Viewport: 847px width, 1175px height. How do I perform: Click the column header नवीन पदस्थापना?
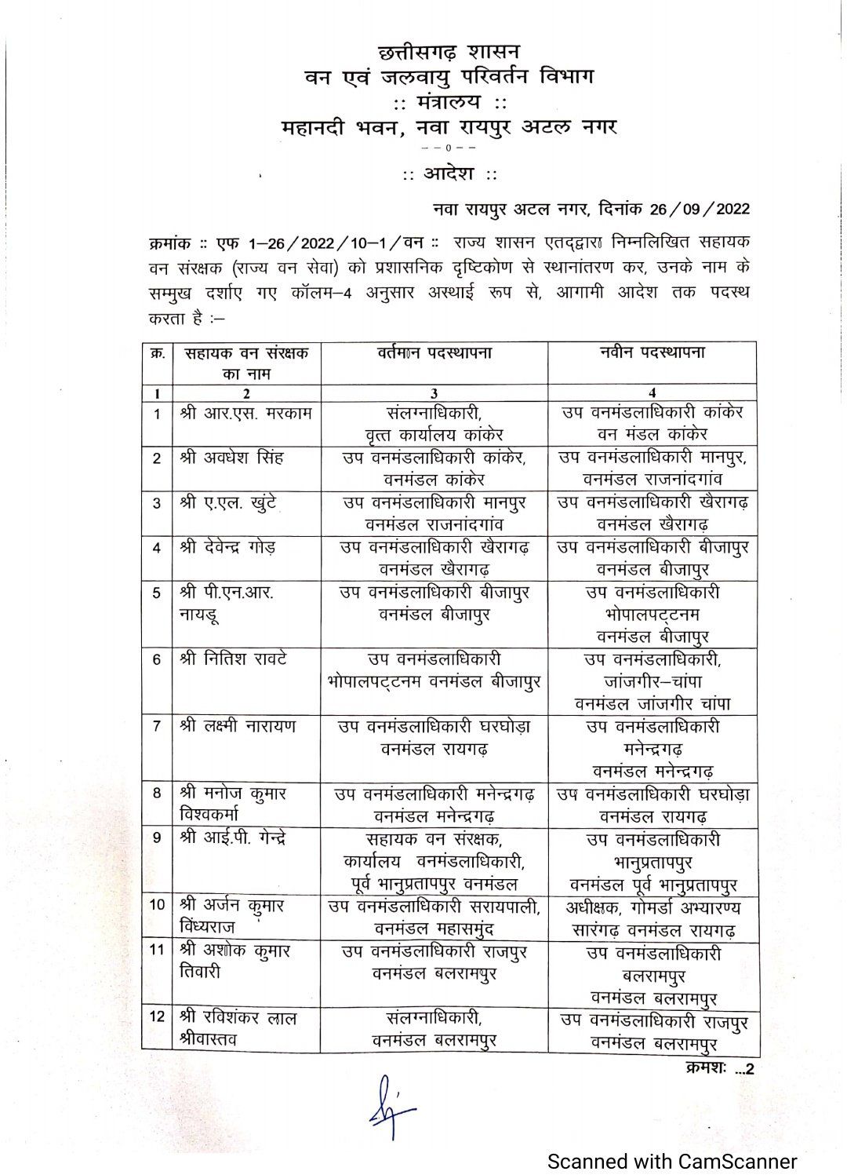coord(653,352)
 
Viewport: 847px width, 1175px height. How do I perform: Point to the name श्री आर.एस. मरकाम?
coord(245,413)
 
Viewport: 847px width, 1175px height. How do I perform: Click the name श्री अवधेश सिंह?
coord(231,458)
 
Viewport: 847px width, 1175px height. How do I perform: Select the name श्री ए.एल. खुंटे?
coord(228,503)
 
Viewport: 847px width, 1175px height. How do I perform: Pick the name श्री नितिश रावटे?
coord(233,659)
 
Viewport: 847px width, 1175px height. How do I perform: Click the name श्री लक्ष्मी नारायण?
coord(237,727)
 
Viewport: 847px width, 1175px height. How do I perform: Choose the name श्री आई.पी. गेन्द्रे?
coord(234,839)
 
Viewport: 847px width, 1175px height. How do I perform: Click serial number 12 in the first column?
coord(157,1017)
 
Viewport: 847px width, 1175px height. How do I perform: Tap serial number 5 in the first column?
coord(157,593)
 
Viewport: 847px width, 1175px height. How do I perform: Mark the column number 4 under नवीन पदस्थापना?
coord(653,393)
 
